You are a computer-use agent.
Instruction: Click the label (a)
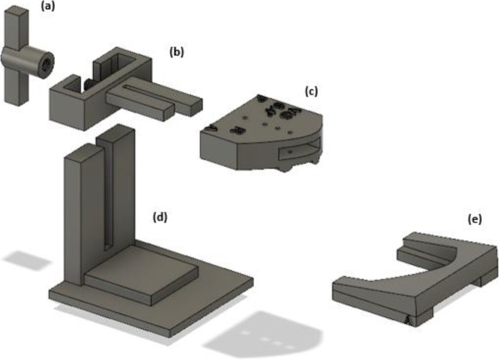coord(48,6)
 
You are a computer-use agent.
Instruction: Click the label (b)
coord(177,52)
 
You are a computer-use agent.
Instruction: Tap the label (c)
coord(312,92)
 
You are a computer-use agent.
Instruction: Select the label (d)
coord(160,217)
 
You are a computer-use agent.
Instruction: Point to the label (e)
coord(474,219)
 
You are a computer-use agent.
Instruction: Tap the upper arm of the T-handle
coord(16,28)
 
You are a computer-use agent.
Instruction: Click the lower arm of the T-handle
coord(14,87)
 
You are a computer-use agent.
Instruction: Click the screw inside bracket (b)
coord(88,84)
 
